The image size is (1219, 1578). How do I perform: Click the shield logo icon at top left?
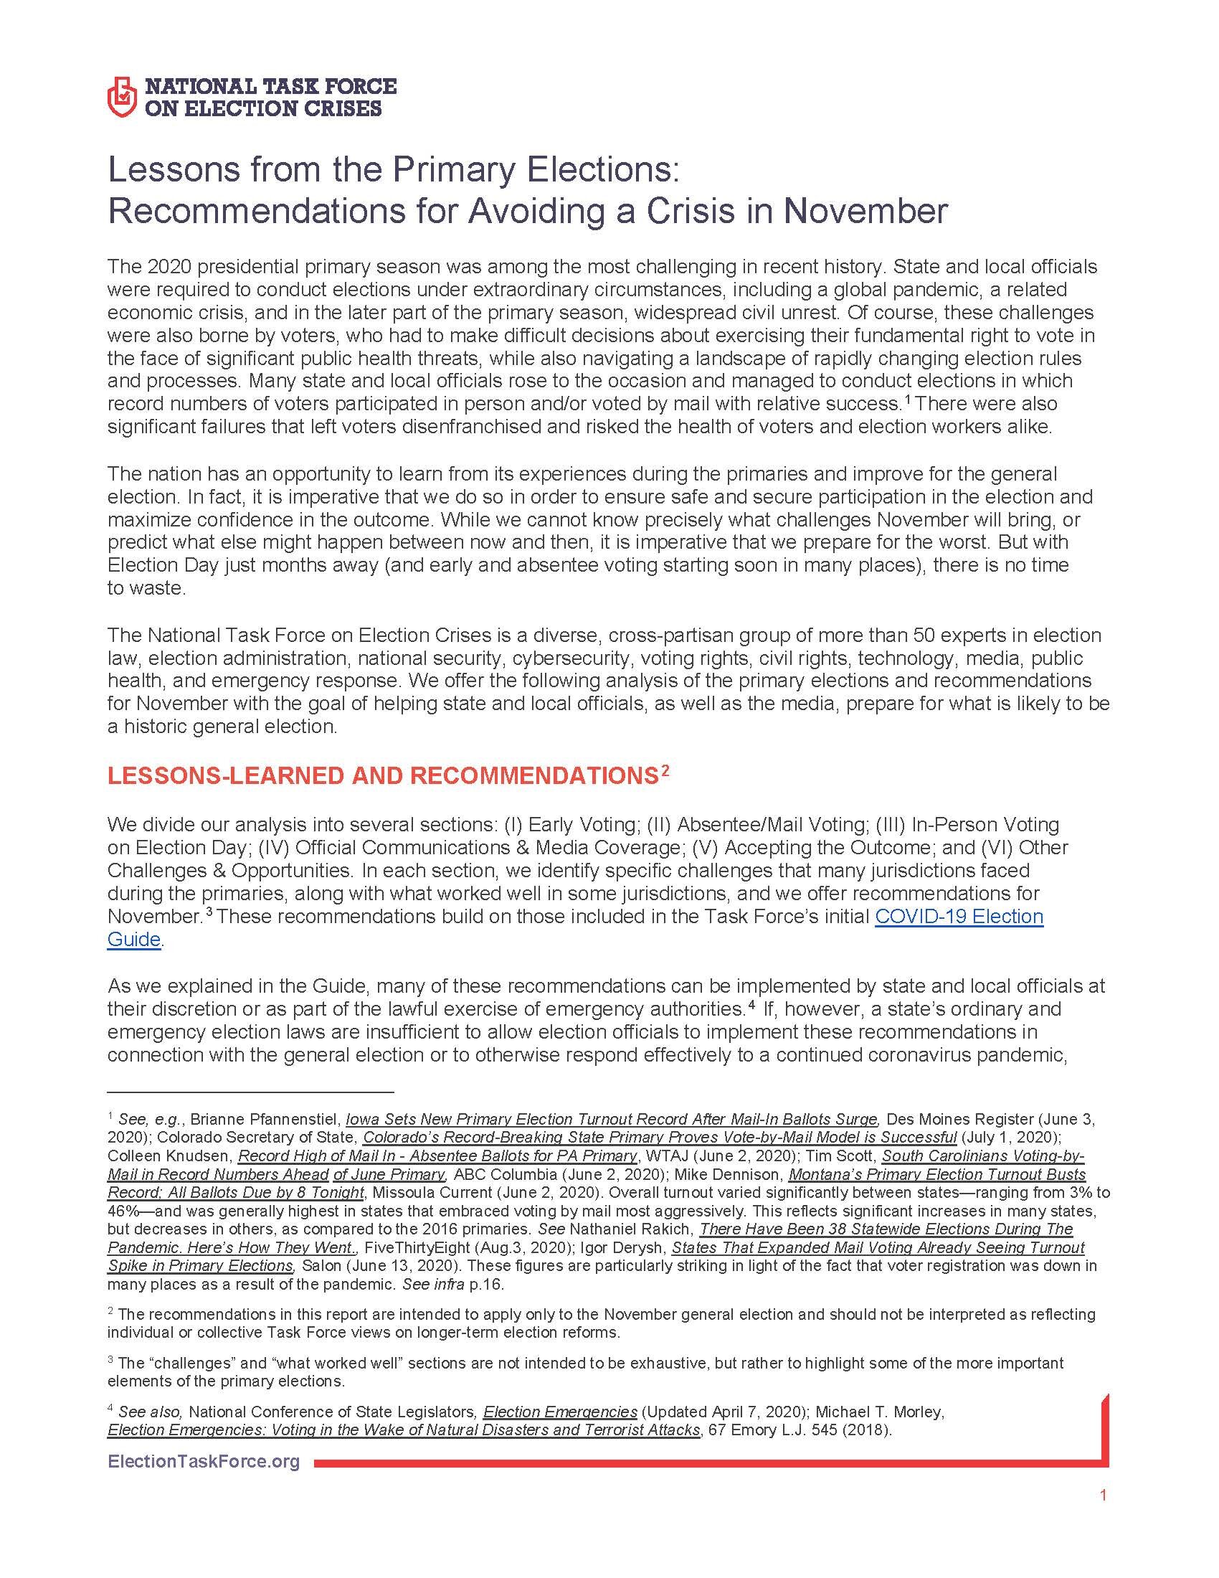[121, 97]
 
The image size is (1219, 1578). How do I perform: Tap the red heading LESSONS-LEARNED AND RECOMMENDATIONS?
[382, 776]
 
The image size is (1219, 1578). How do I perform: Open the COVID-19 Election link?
[959, 916]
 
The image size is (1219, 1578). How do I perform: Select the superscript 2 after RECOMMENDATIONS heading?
[665, 771]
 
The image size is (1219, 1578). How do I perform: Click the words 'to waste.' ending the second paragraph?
[146, 587]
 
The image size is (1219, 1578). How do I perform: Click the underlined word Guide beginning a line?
[133, 940]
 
